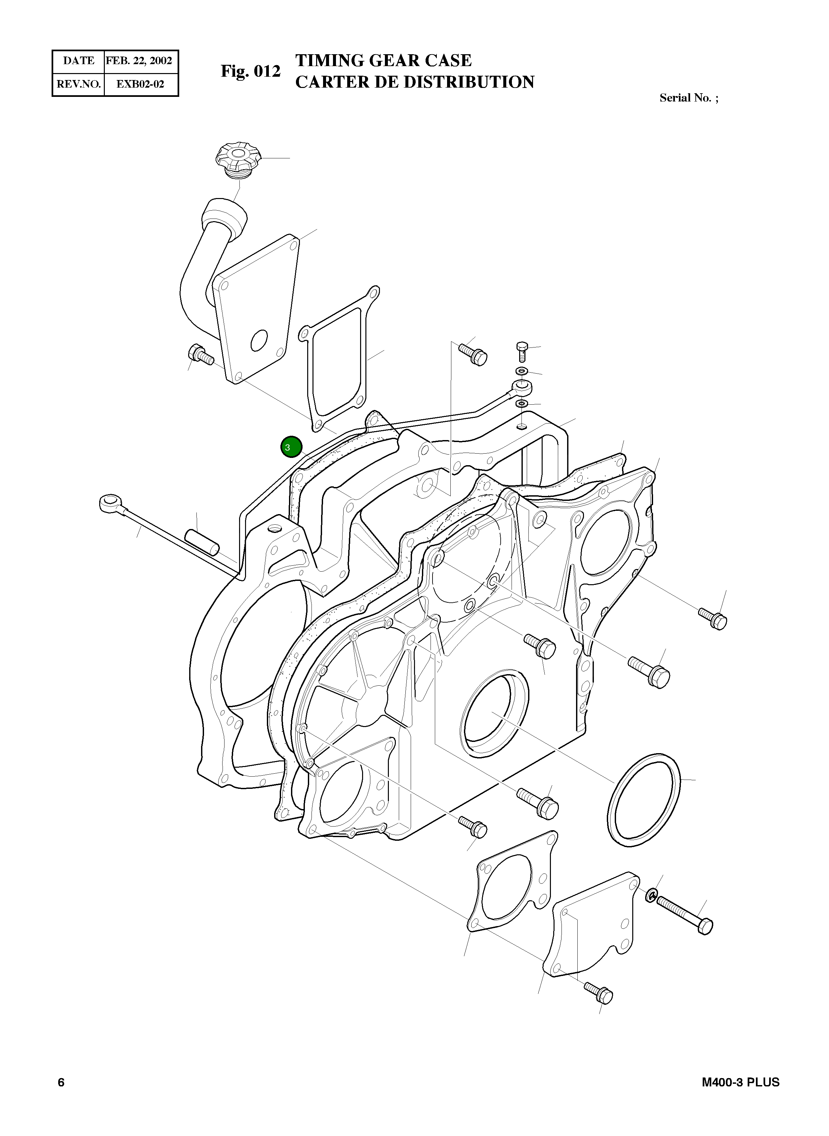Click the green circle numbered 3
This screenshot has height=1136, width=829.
click(x=291, y=447)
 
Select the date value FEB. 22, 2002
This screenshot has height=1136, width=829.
click(x=139, y=61)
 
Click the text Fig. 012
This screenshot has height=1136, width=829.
click(x=250, y=72)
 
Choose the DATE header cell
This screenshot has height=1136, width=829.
click(x=79, y=61)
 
